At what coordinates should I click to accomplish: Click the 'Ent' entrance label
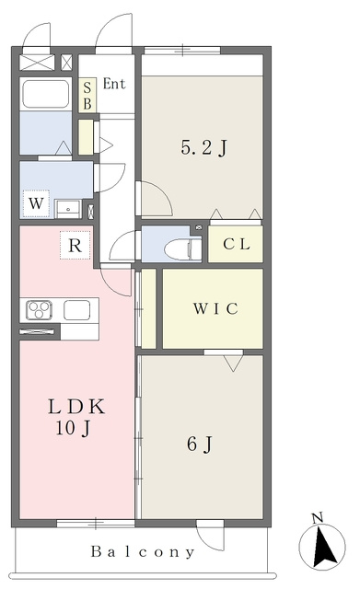114,84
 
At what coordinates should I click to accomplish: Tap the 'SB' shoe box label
87,96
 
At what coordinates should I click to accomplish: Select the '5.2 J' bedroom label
204,147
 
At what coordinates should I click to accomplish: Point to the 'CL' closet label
237,244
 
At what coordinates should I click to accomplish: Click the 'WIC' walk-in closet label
215,309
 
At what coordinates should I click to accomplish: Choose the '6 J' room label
200,445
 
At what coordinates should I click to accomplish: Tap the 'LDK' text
76,407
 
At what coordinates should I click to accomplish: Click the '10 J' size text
74,428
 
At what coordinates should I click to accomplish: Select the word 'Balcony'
143,552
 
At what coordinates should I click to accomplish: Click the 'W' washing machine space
36,203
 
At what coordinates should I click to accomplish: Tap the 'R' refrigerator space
75,246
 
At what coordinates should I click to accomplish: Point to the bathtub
46,94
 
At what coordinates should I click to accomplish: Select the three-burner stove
39,311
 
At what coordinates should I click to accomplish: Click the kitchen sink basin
77,310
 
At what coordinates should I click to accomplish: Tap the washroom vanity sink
68,209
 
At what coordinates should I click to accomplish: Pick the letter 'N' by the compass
318,518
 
